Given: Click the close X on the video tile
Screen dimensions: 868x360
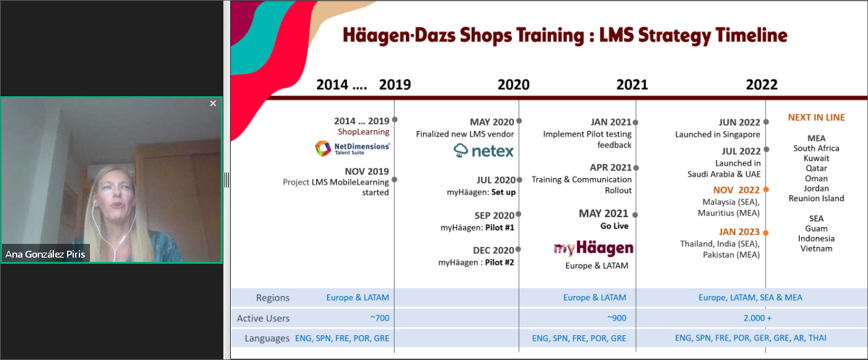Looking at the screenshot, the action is click(x=213, y=104).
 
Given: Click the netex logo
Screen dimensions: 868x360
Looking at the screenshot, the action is click(x=483, y=151).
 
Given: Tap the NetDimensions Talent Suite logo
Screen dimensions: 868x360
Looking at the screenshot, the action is click(x=352, y=148).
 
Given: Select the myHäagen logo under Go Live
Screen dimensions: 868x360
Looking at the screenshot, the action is click(x=593, y=248).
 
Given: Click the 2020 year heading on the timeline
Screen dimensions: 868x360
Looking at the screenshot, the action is click(x=514, y=84).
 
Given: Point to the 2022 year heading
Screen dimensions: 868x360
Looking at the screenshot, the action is click(x=761, y=84).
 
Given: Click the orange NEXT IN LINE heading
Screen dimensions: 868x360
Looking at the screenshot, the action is click(x=816, y=117).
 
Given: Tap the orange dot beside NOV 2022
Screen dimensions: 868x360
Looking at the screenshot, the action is click(x=766, y=189).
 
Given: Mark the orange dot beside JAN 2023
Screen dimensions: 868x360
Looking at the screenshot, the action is click(x=766, y=233).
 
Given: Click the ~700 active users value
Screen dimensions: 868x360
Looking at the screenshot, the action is click(x=379, y=318).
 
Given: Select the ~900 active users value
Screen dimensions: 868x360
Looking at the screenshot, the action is click(x=617, y=318).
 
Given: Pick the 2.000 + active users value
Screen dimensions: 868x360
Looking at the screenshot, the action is click(x=757, y=318).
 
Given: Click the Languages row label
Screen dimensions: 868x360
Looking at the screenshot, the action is click(x=267, y=338).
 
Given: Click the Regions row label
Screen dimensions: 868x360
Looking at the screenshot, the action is click(x=273, y=297).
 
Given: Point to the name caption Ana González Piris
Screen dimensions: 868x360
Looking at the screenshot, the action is click(x=45, y=254).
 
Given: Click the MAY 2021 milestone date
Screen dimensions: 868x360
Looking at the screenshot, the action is click(x=603, y=214).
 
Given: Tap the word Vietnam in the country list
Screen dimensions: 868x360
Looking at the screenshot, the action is click(x=816, y=248).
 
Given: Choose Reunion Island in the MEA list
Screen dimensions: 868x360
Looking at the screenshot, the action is click(x=816, y=199).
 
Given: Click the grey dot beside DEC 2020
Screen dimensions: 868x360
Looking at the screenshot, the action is click(x=518, y=249).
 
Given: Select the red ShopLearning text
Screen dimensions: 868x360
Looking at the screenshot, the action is click(x=364, y=132).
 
